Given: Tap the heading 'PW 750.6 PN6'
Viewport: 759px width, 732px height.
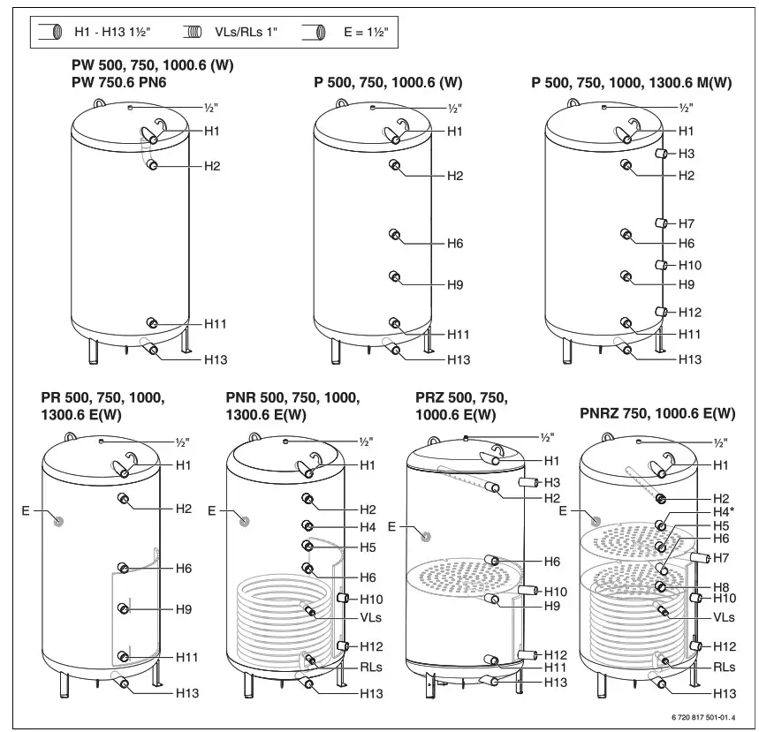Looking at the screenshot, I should pyautogui.click(x=119, y=82).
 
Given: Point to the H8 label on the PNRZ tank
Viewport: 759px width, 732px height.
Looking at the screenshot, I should pyautogui.click(x=722, y=585).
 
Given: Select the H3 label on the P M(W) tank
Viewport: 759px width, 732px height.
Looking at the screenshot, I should pyautogui.click(x=687, y=154).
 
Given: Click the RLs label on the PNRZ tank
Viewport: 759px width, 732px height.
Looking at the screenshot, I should pyautogui.click(x=725, y=668).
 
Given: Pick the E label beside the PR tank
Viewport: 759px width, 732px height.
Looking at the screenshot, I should pyautogui.click(x=26, y=509).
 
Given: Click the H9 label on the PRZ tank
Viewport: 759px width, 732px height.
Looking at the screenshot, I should pyautogui.click(x=552, y=606).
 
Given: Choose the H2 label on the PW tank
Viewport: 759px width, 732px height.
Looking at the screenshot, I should pyautogui.click(x=212, y=166).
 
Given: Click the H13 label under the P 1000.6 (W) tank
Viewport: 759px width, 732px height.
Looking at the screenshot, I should pyautogui.click(x=458, y=359).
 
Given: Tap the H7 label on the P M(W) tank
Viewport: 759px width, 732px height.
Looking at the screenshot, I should pyautogui.click(x=687, y=223).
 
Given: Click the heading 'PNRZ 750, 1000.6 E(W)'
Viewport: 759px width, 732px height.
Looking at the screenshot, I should pyautogui.click(x=657, y=413).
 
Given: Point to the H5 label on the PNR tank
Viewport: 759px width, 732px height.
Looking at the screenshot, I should pyautogui.click(x=368, y=547).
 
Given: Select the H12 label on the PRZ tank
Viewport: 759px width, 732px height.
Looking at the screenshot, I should pyautogui.click(x=555, y=654).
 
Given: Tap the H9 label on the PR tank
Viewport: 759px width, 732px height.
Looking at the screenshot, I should pyautogui.click(x=183, y=609).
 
